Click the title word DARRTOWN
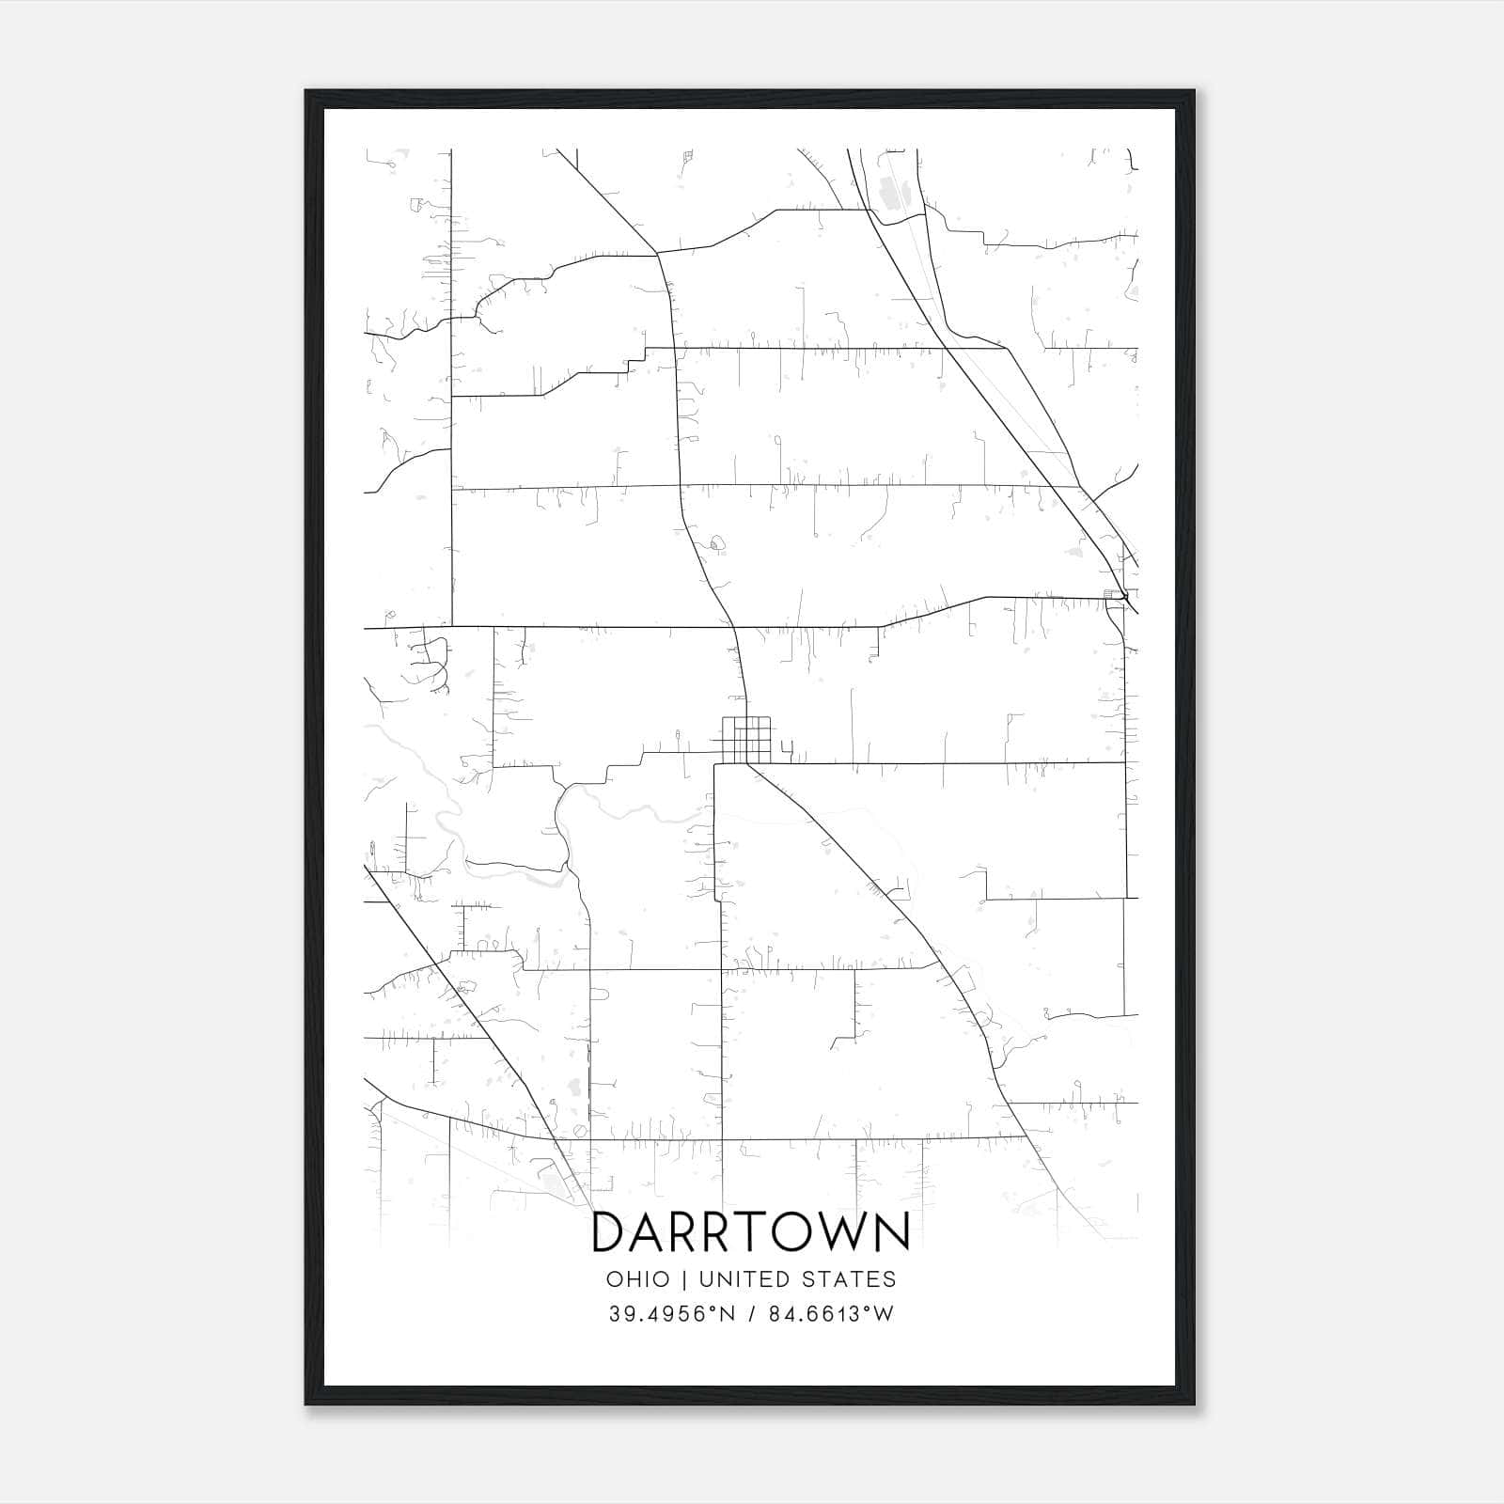751,1232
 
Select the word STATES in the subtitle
849,1279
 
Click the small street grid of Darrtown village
746,740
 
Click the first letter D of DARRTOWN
609,1232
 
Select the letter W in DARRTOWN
845,1232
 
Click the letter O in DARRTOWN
795,1232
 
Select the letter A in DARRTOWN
650,1232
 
